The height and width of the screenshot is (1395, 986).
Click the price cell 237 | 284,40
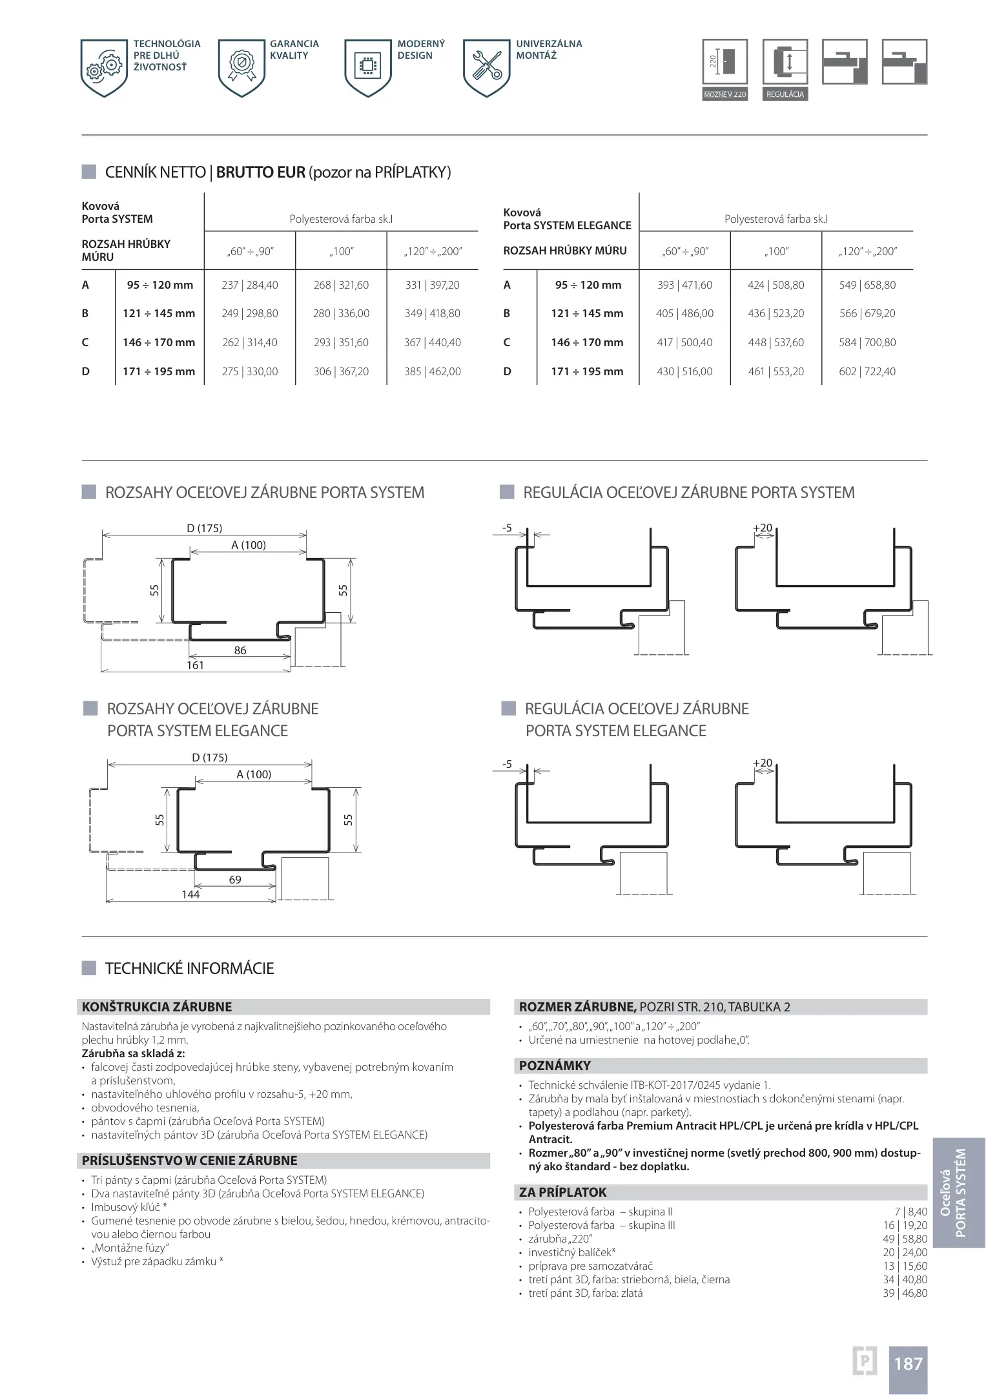[249, 285]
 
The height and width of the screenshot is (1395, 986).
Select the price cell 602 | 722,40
[867, 371]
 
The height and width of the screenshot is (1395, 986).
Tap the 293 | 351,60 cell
[341, 342]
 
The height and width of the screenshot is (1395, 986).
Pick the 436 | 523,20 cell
[775, 313]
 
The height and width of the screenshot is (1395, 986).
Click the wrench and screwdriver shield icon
[487, 67]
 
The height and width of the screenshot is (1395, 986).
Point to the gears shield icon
[104, 67]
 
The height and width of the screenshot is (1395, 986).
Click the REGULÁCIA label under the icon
[785, 94]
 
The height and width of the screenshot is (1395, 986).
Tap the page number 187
[908, 1363]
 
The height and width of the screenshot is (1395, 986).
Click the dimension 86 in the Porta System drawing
[240, 650]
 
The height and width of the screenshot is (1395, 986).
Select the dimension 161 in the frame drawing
[195, 665]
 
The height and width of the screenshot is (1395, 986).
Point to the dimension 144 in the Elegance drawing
[190, 894]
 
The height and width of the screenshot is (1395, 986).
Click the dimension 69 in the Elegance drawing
[235, 880]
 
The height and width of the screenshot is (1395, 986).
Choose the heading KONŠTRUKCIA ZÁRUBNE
[157, 1007]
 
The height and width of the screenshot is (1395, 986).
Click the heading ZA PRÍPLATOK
[563, 1192]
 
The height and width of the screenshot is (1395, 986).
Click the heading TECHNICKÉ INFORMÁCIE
[189, 968]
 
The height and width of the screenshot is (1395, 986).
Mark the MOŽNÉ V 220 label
[724, 94]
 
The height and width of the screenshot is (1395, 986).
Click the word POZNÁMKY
[555, 1066]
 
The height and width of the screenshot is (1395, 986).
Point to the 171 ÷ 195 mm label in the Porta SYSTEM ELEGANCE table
[587, 371]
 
